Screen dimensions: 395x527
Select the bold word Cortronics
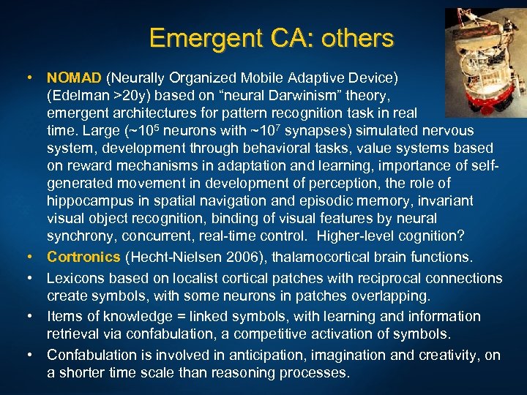pyautogui.click(x=83, y=257)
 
